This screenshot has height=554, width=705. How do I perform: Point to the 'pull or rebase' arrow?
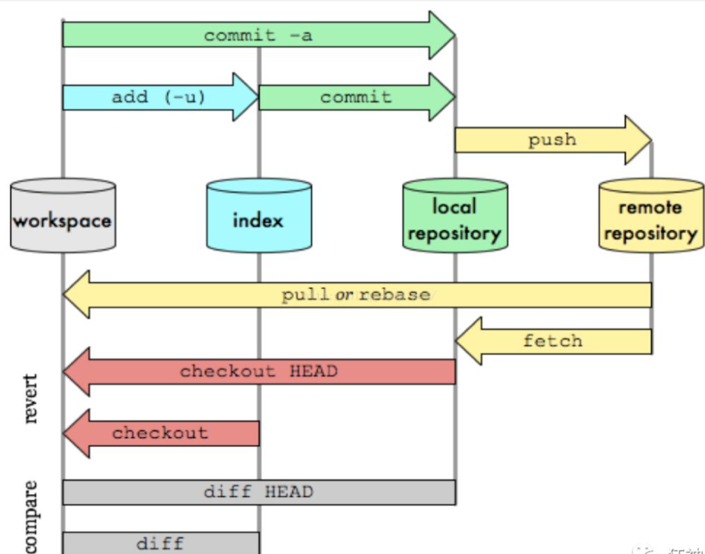(356, 295)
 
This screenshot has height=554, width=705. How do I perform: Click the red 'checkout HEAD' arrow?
(258, 372)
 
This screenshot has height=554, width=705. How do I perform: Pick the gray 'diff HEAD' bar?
(259, 492)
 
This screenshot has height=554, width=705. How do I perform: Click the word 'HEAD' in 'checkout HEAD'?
(313, 371)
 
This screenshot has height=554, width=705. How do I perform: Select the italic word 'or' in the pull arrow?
(344, 295)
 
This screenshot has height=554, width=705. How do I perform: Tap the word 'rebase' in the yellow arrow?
(395, 295)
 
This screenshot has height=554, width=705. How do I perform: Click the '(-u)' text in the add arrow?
(185, 97)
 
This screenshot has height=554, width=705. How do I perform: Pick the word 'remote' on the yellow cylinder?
(650, 208)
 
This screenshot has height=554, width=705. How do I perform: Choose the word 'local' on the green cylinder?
(454, 207)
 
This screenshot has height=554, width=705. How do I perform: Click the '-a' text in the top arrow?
(301, 36)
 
